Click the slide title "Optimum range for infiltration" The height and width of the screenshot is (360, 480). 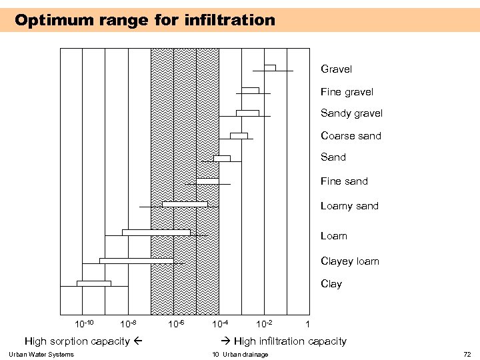point(145,20)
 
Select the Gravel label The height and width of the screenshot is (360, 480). point(336,69)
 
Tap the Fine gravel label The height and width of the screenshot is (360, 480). point(347,92)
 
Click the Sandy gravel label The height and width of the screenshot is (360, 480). point(351,113)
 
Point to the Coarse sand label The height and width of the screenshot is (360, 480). point(351,136)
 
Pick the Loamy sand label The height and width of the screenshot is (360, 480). point(349,206)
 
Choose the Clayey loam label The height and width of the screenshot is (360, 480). point(349,261)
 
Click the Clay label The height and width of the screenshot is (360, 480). point(331,284)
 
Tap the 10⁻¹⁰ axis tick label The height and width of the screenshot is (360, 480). point(83,324)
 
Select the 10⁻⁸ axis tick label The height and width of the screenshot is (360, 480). point(128,324)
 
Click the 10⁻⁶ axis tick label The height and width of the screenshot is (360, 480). point(176,324)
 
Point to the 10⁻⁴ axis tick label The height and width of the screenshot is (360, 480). point(220,324)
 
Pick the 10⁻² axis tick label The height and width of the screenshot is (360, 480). point(264,324)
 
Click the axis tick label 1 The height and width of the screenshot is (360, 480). point(307,325)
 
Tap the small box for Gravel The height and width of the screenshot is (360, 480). point(270,67)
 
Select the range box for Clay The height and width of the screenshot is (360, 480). point(94,283)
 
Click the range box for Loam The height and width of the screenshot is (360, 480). point(156,232)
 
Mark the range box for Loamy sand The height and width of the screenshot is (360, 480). point(185,204)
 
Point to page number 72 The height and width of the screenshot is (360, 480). point(467,354)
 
